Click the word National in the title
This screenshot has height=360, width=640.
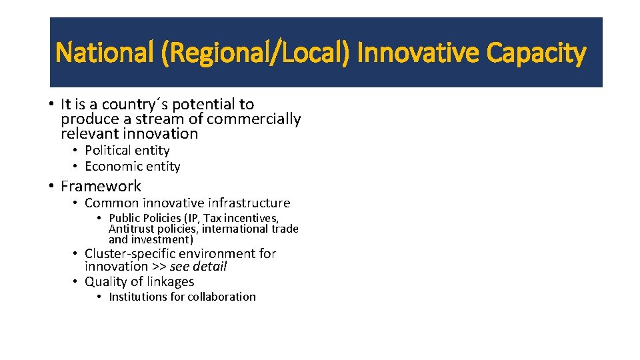(104, 53)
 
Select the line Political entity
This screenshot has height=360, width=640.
(127, 151)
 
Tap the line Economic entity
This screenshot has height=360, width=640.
(132, 167)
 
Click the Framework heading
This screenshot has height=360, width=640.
(101, 186)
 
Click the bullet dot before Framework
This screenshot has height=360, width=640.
(51, 186)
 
